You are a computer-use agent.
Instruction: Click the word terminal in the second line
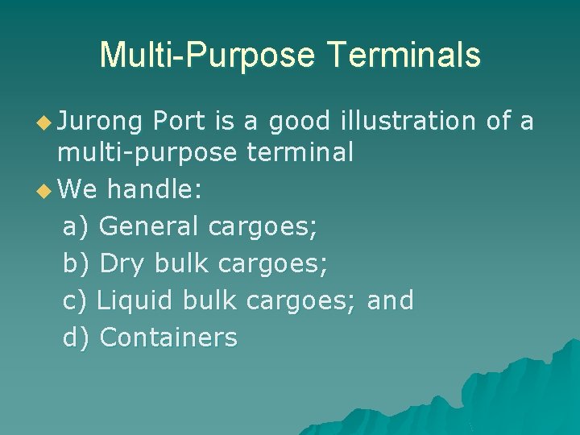pyautogui.click(x=300, y=153)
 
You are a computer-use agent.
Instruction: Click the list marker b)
pyautogui.click(x=76, y=263)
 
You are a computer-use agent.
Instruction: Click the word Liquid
pyautogui.click(x=135, y=300)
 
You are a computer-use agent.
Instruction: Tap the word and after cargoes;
pyautogui.click(x=390, y=300)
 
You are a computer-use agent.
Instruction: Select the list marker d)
pyautogui.click(x=76, y=337)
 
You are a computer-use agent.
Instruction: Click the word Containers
pyautogui.click(x=168, y=337)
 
